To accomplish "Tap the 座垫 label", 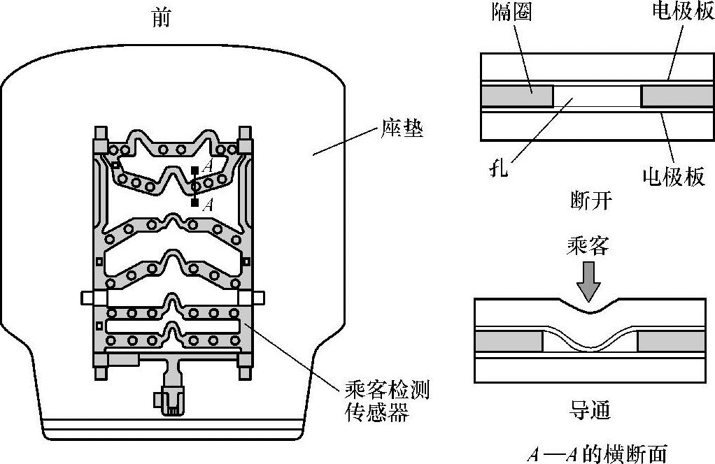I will tap(402, 129).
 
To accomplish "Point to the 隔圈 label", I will tap(511, 13).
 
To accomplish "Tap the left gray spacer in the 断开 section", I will tap(517, 96).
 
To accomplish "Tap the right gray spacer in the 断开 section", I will tap(672, 96).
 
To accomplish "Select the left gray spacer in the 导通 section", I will tap(509, 342).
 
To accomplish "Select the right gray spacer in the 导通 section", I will tap(670, 342).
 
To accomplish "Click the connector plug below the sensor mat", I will tap(169, 401).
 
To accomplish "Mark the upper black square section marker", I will tap(195, 171).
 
